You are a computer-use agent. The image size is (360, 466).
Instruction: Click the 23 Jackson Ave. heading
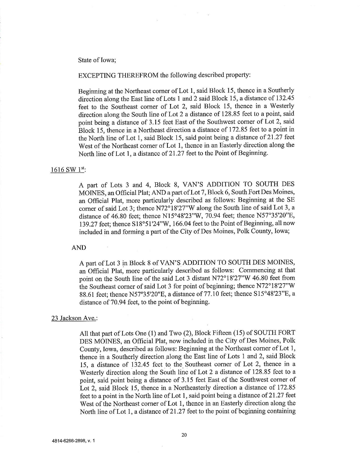pyautogui.click(x=74, y=318)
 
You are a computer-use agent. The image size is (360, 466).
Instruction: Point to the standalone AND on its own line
pyautogui.click(x=79, y=248)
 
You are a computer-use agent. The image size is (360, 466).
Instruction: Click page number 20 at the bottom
pyautogui.click(x=184, y=434)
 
